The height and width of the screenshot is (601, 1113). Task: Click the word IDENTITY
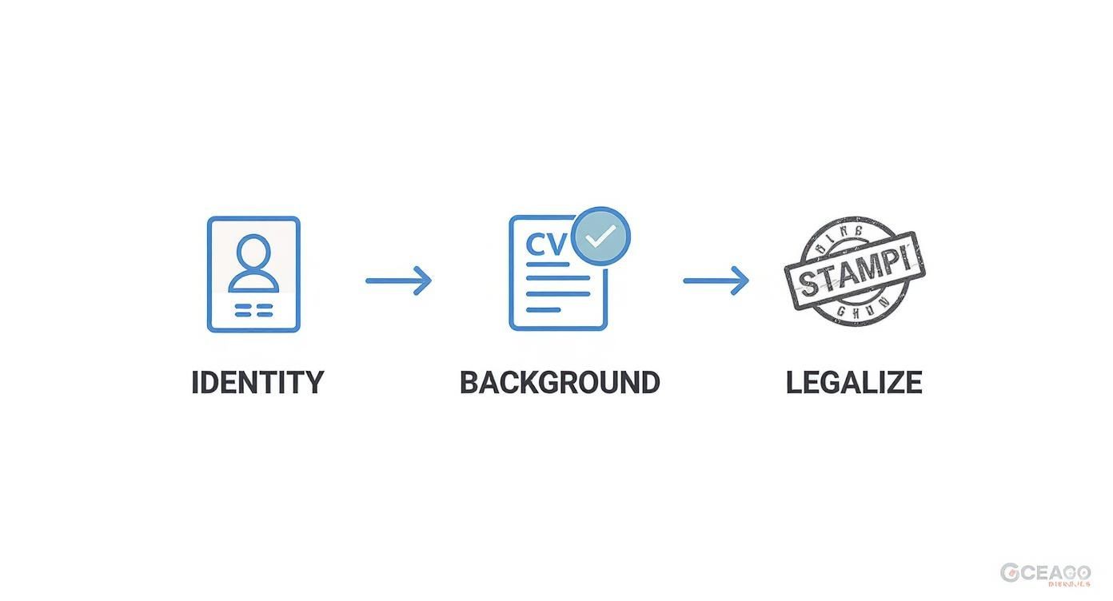click(257, 382)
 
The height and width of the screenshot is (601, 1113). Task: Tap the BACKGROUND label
click(560, 382)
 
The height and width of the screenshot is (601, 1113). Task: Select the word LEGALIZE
click(854, 382)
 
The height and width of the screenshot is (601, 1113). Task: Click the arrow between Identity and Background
click(398, 281)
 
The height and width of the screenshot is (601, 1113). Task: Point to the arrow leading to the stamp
click(716, 281)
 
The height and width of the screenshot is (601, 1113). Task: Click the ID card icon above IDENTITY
click(253, 274)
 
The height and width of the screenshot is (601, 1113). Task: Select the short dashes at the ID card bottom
click(253, 310)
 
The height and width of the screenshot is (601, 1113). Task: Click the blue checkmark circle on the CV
click(601, 236)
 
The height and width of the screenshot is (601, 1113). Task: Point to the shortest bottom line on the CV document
click(544, 309)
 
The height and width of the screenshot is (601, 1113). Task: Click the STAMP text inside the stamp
click(854, 273)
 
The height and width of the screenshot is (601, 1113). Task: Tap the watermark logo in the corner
click(1045, 573)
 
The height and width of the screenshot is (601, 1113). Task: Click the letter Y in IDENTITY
click(314, 382)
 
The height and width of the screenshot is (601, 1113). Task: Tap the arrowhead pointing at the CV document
click(424, 281)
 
